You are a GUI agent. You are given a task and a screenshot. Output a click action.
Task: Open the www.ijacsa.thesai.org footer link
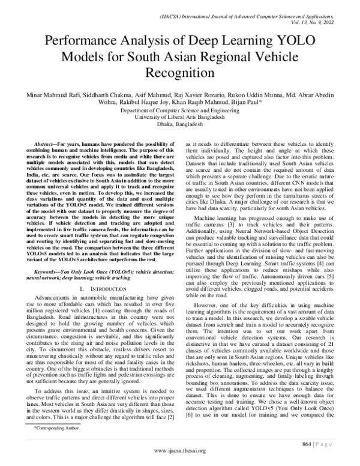point(179,450)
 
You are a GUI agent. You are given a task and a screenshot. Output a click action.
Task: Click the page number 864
point(317,443)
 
